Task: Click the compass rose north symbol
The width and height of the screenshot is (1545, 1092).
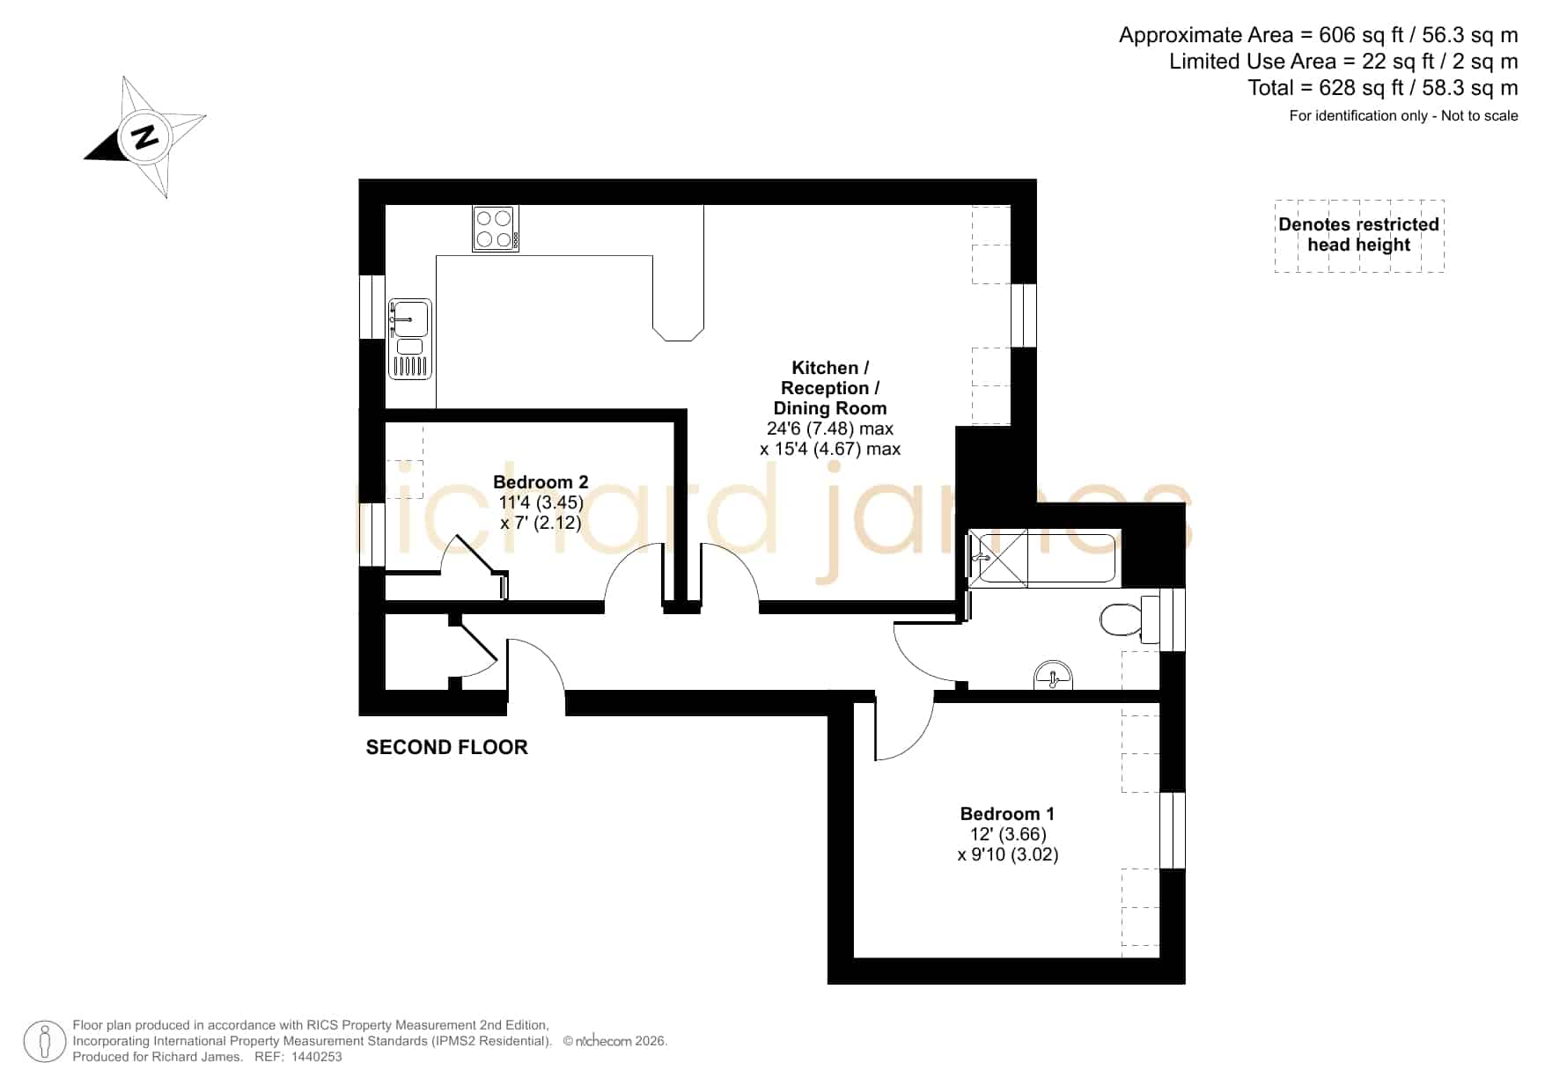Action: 144,136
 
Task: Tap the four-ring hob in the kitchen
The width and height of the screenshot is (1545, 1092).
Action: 495,229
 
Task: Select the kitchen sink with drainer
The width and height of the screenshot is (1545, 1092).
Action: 410,339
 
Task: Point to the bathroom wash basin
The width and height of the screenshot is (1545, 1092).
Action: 1054,676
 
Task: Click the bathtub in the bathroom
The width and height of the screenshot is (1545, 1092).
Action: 1043,558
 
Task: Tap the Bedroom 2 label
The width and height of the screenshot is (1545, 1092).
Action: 541,482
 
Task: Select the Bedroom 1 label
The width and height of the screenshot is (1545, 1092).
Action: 1007,814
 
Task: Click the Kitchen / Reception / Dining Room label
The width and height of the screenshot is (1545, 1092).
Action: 830,388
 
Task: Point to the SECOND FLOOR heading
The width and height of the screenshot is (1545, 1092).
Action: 447,747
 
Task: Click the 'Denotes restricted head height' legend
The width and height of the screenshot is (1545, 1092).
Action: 1359,235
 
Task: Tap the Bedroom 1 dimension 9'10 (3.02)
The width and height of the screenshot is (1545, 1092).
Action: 1008,854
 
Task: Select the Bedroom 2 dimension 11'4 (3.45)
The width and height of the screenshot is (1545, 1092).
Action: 541,502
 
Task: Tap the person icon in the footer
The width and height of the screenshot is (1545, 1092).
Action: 44,1042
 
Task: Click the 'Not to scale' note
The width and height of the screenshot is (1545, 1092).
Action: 1480,115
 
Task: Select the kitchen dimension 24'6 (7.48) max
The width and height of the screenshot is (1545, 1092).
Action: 830,429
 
